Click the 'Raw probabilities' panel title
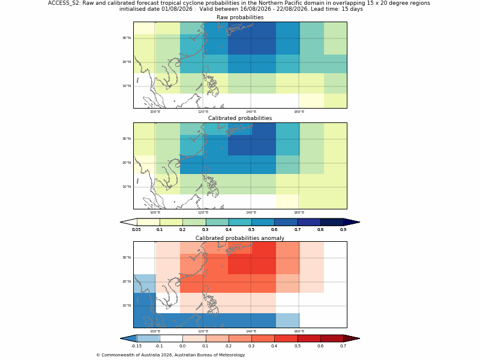pos(240,17)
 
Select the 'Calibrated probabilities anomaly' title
pos(240,238)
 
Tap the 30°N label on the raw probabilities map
pos(127,38)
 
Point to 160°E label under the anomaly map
pos(299,331)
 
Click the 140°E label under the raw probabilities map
pos(251,112)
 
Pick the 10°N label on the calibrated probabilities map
pos(127,187)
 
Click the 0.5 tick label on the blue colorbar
pos(251,230)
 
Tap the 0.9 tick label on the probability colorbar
pos(343,230)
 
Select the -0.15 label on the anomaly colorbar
pos(136,346)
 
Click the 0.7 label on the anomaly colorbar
pos(343,346)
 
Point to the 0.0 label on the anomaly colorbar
pos(182,346)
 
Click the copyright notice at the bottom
pos(170,355)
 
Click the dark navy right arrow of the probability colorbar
pos(351,222)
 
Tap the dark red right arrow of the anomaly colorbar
pos(351,338)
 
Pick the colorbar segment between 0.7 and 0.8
pos(309,222)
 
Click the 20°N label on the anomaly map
pos(127,281)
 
